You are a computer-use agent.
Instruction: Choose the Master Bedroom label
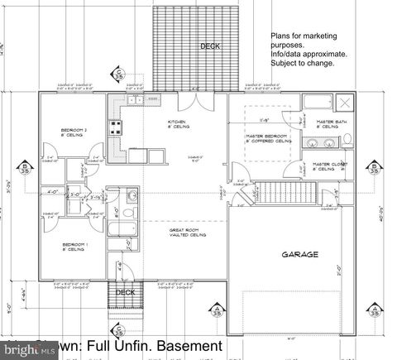[x=267, y=137]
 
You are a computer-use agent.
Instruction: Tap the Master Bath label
[x=328, y=124]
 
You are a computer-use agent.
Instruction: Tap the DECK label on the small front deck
[x=125, y=291]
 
